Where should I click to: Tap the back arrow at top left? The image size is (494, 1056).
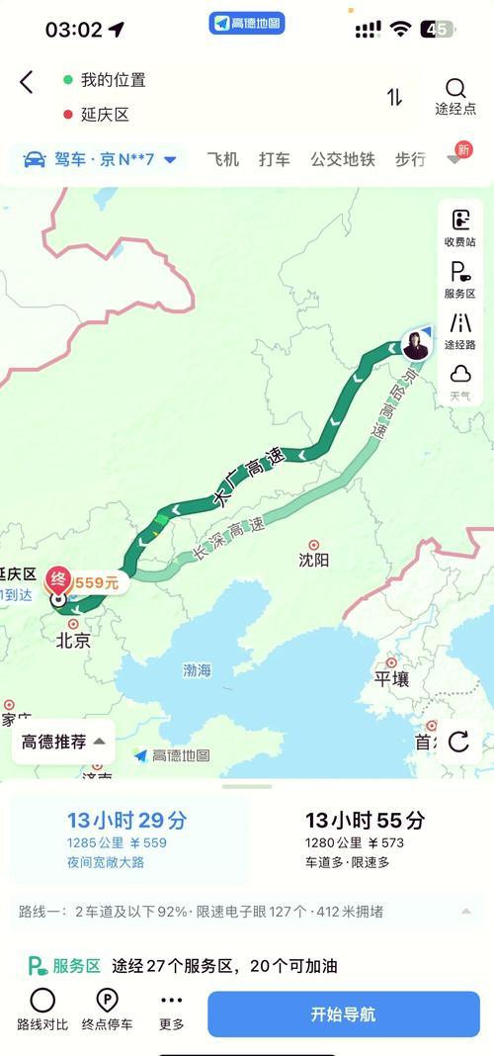[27, 82]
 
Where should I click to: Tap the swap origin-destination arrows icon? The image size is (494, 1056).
[394, 96]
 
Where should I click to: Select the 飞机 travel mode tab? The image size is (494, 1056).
[222, 159]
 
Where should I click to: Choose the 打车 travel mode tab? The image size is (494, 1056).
[275, 159]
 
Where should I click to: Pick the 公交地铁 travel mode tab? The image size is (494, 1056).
[343, 159]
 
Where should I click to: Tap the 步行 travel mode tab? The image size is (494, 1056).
[410, 159]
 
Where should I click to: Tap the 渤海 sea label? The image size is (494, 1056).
[197, 670]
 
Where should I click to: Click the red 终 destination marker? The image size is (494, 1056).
[59, 580]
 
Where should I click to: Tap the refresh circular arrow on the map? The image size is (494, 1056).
[458, 742]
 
